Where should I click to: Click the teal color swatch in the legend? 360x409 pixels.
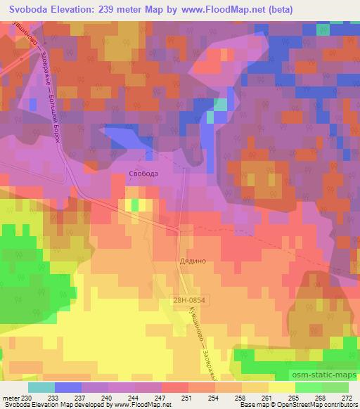click(41, 387)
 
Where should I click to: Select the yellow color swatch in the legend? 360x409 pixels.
click(281, 387)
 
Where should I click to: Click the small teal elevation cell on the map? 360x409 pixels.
click(220, 104)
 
